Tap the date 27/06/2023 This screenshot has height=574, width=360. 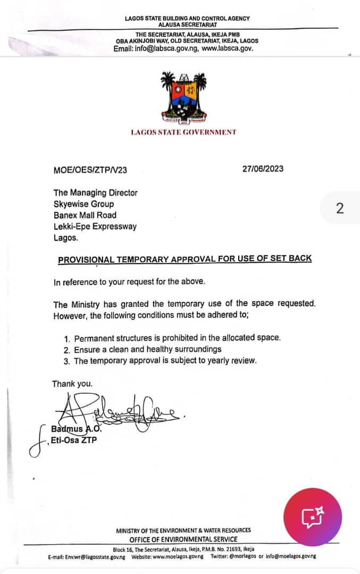point(262,169)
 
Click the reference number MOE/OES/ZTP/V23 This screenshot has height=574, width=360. point(90,170)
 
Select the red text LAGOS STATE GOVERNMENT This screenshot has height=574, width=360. point(183,132)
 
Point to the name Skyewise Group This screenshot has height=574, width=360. point(83,204)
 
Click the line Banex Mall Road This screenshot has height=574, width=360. point(85,215)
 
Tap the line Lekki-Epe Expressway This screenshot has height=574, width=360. point(95,226)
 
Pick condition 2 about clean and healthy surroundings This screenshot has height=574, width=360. point(147,349)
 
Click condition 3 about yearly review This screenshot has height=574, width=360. point(165,360)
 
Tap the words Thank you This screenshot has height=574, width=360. point(72,383)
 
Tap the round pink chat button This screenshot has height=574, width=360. point(313,517)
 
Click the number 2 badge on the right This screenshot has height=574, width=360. point(340,208)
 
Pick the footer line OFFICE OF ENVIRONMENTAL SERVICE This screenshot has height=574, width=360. point(183,539)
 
